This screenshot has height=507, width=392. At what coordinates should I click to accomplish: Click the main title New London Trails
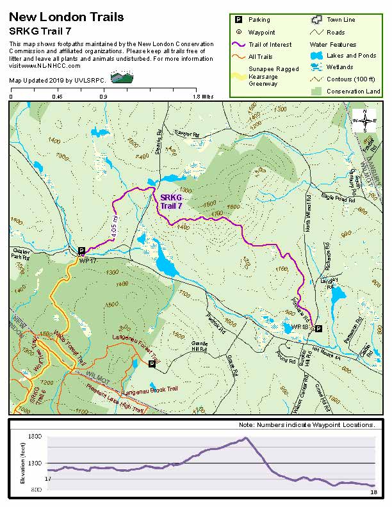[x=67, y=17]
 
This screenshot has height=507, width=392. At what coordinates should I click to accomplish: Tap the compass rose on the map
[x=364, y=120]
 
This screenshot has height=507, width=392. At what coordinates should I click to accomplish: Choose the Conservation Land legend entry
[x=353, y=92]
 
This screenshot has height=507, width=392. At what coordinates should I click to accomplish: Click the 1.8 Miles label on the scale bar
[x=203, y=97]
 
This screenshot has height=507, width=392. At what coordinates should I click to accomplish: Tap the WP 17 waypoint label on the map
[x=87, y=261]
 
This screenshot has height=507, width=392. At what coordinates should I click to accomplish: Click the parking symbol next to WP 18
[x=318, y=328]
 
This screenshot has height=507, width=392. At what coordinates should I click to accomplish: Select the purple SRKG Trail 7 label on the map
[x=171, y=202]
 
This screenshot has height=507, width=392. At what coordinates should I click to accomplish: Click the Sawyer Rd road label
[x=187, y=133]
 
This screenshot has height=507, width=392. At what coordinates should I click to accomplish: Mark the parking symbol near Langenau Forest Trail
[x=152, y=364]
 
